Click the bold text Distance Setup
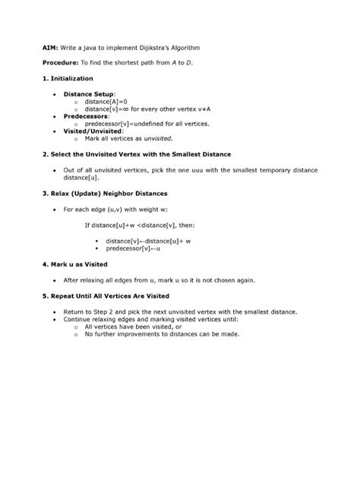click(x=88, y=93)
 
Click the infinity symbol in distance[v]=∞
click(x=126, y=109)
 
